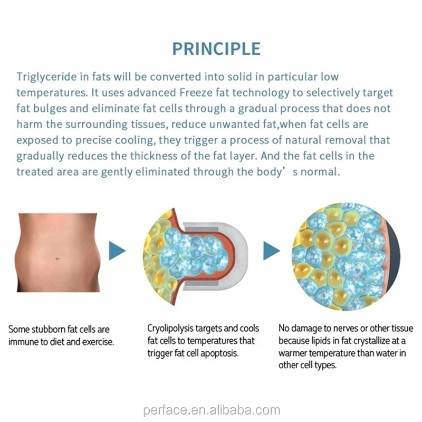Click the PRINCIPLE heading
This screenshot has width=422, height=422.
216,49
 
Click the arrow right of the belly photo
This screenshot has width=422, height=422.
117,251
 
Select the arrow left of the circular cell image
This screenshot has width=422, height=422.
271,251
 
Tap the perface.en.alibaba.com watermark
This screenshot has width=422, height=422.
211,410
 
